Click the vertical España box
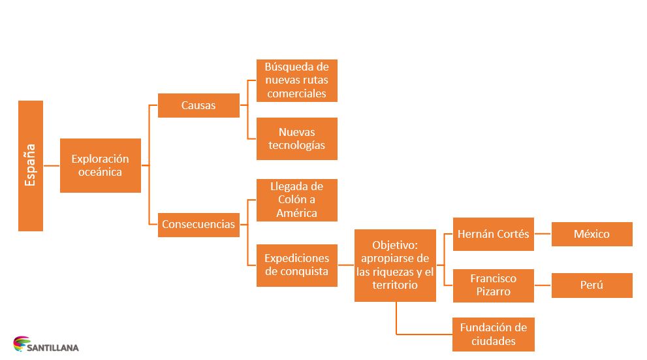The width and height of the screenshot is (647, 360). click(31, 165)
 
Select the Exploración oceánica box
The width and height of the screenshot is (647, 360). click(100, 165)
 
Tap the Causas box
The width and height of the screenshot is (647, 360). click(198, 105)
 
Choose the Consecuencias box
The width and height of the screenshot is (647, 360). click(198, 224)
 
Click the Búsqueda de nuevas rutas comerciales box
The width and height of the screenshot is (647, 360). click(296, 80)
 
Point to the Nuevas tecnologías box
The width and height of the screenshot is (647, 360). click(296, 139)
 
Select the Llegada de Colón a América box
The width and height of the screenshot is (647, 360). click(296, 200)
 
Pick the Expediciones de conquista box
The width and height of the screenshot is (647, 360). click(296, 265)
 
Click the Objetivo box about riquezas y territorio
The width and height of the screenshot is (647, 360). click(395, 265)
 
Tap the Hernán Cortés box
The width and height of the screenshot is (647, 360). click(493, 234)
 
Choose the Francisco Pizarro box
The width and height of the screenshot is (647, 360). click(493, 285)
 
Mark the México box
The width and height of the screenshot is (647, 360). click(592, 234)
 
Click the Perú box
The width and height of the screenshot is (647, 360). click(592, 285)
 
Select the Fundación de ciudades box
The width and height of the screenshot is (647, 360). click(493, 334)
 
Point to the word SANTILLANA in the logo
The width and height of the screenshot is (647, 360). click(54, 348)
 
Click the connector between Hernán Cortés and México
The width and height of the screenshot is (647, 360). click(543, 234)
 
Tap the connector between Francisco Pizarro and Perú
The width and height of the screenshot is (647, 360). click(543, 285)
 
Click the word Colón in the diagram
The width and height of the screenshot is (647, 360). click(285, 200)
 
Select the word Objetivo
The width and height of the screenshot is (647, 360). click(394, 245)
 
